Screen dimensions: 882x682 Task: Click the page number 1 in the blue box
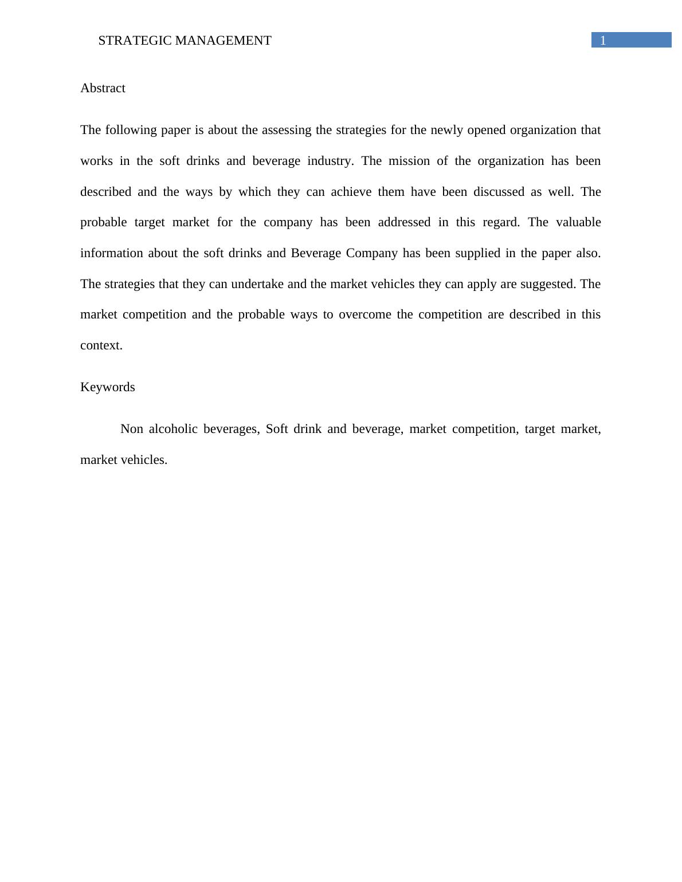(x=603, y=41)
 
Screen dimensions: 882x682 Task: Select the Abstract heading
(x=103, y=88)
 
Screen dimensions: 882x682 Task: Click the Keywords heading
(x=108, y=387)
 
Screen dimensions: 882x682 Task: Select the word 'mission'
(x=409, y=161)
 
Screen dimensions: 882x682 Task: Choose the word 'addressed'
(x=405, y=222)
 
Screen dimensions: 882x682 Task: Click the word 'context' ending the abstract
(x=100, y=345)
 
